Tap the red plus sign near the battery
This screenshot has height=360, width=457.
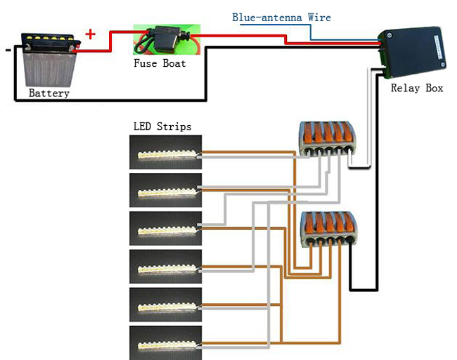click(x=91, y=34)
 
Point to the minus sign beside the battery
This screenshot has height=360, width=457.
click(x=8, y=50)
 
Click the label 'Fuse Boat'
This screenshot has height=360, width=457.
click(x=160, y=63)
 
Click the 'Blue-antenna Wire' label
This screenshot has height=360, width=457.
click(x=281, y=18)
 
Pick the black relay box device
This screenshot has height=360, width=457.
click(x=412, y=51)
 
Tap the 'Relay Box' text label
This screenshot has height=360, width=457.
click(x=417, y=89)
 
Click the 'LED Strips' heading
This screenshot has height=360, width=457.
click(x=162, y=127)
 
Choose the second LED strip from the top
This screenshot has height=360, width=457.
click(x=166, y=191)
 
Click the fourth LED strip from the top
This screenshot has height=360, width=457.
click(x=166, y=266)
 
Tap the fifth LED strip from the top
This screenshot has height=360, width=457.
click(x=166, y=304)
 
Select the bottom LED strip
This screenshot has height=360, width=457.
click(x=166, y=342)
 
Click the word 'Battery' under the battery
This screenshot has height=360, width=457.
click(x=49, y=93)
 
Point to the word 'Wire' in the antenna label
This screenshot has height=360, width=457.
click(x=318, y=18)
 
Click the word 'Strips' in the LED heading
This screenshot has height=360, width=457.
click(x=174, y=127)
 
